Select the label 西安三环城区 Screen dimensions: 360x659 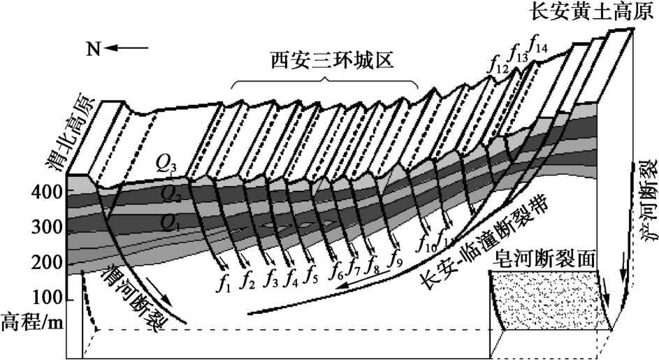tap(324, 62)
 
